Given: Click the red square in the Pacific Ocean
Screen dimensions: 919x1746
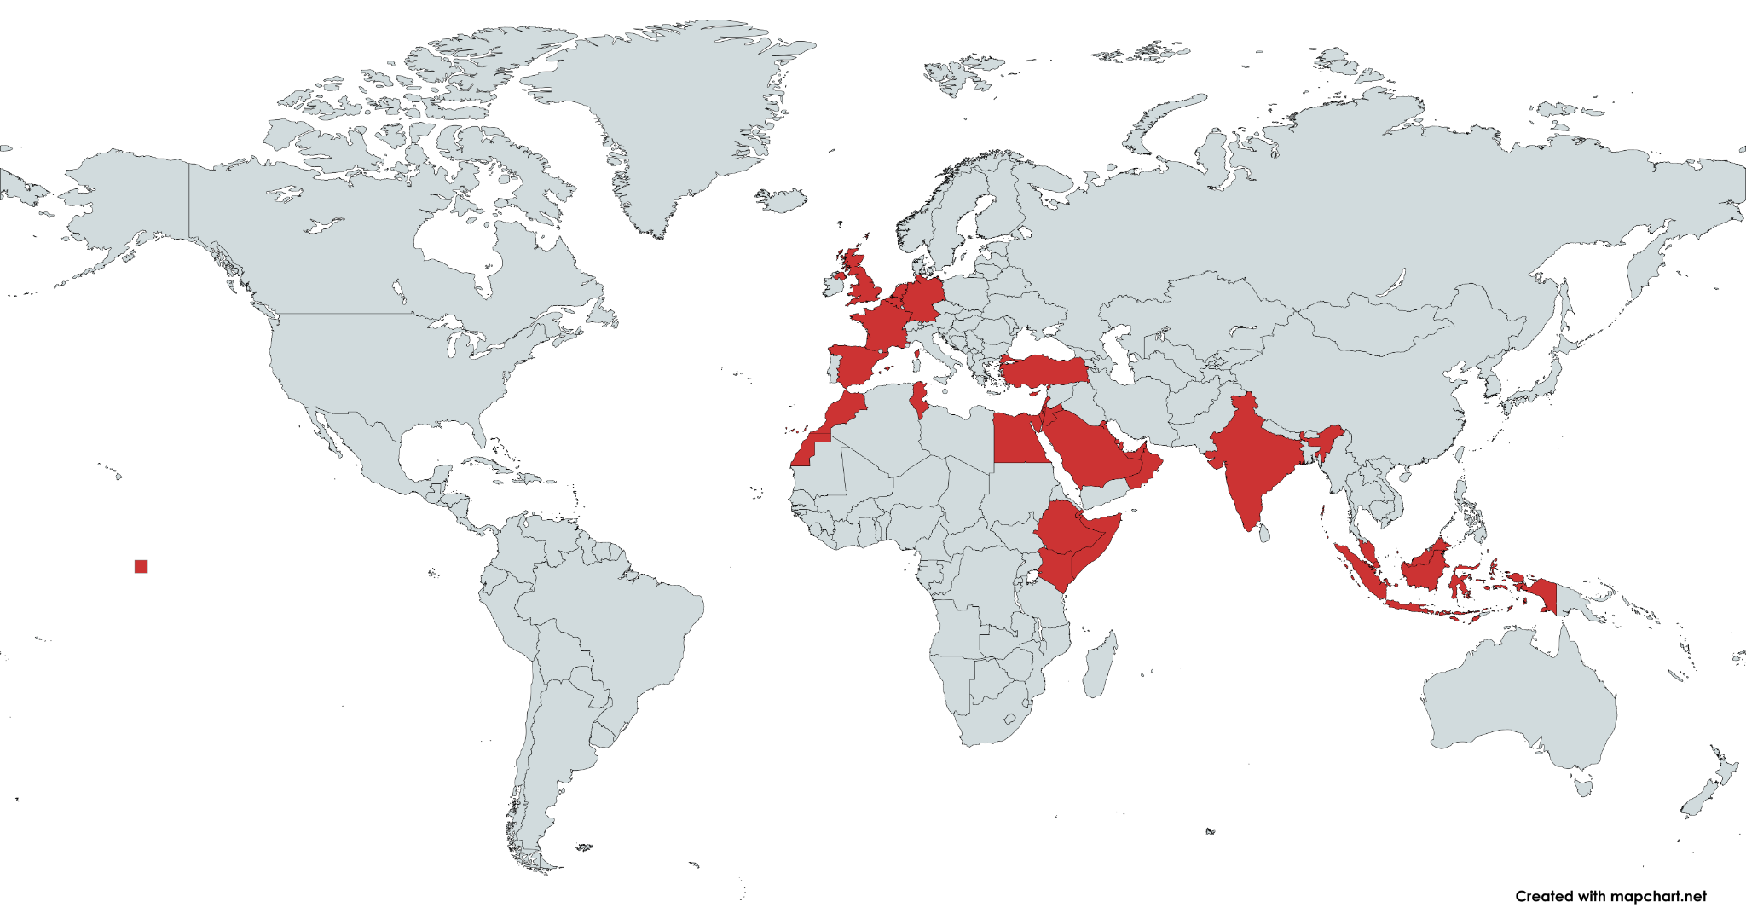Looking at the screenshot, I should point(142,566).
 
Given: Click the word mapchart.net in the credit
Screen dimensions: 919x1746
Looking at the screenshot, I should point(1658,896).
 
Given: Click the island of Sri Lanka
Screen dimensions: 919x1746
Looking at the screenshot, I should point(1266,532).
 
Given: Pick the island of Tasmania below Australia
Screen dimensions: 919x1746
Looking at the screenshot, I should point(1583,784).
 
